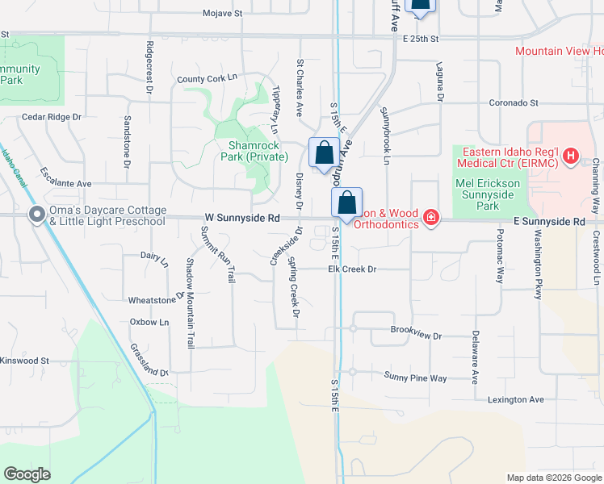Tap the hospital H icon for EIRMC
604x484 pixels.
[571, 156]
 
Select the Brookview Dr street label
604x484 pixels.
[416, 335]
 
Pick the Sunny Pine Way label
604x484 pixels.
[415, 377]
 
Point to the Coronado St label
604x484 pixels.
[512, 103]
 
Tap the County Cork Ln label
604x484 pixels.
[208, 78]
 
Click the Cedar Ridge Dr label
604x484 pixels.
[52, 116]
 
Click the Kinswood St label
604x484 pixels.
[25, 361]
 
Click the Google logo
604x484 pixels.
[27, 474]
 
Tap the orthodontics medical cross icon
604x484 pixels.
[431, 218]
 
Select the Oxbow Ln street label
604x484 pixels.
[149, 322]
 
